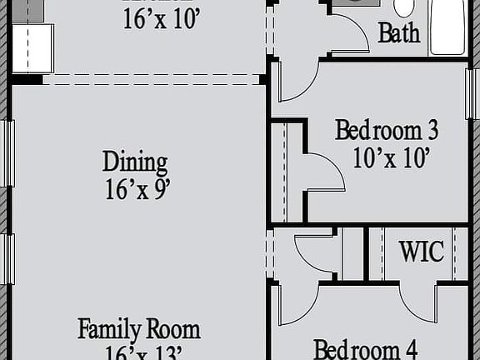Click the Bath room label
point(398,34)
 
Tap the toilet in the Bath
point(404,8)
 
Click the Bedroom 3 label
point(387,131)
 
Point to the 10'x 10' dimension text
point(391,157)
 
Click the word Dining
point(135,162)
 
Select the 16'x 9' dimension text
point(138,189)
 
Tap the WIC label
point(421,252)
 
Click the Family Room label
point(139,328)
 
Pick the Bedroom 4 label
point(365,348)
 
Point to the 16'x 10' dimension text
point(162,19)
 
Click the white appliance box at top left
point(32,48)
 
